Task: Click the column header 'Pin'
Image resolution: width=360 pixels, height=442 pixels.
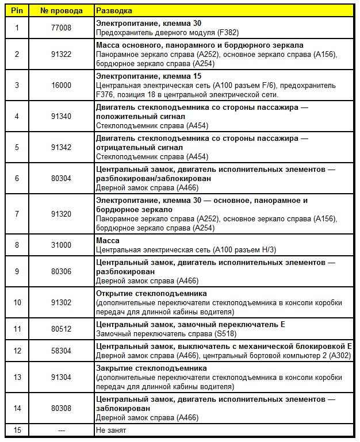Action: click(17, 11)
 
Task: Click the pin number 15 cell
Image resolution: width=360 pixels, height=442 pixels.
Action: click(17, 430)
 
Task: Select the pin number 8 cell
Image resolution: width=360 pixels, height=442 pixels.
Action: click(17, 245)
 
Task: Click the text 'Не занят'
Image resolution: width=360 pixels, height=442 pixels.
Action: click(111, 430)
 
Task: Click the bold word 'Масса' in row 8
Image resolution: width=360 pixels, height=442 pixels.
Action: click(108, 240)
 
